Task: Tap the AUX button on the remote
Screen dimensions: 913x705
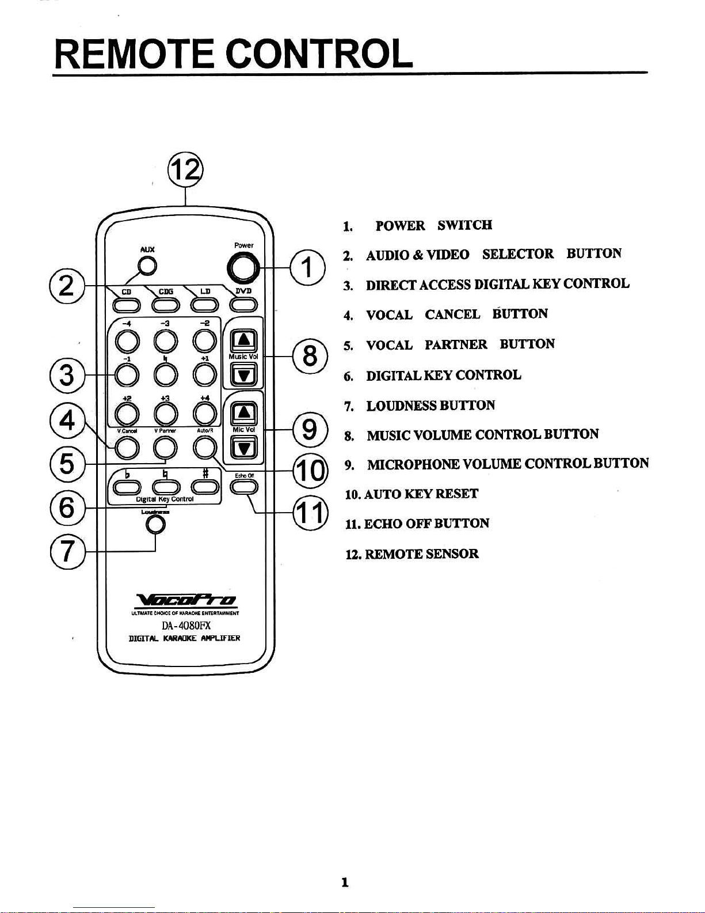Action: click(147, 266)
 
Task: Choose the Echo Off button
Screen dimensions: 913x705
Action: click(244, 487)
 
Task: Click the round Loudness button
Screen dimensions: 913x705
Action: click(155, 524)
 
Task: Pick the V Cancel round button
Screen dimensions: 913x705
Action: click(127, 447)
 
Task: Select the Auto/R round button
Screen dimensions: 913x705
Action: click(204, 447)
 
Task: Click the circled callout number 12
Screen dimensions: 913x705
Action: click(184, 170)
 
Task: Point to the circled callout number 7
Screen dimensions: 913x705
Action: click(67, 551)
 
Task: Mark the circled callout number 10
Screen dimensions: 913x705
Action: click(310, 471)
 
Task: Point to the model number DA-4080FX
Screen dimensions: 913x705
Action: click(186, 626)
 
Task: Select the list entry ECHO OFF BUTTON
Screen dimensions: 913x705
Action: click(426, 524)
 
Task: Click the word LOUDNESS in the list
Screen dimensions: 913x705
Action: click(402, 406)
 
